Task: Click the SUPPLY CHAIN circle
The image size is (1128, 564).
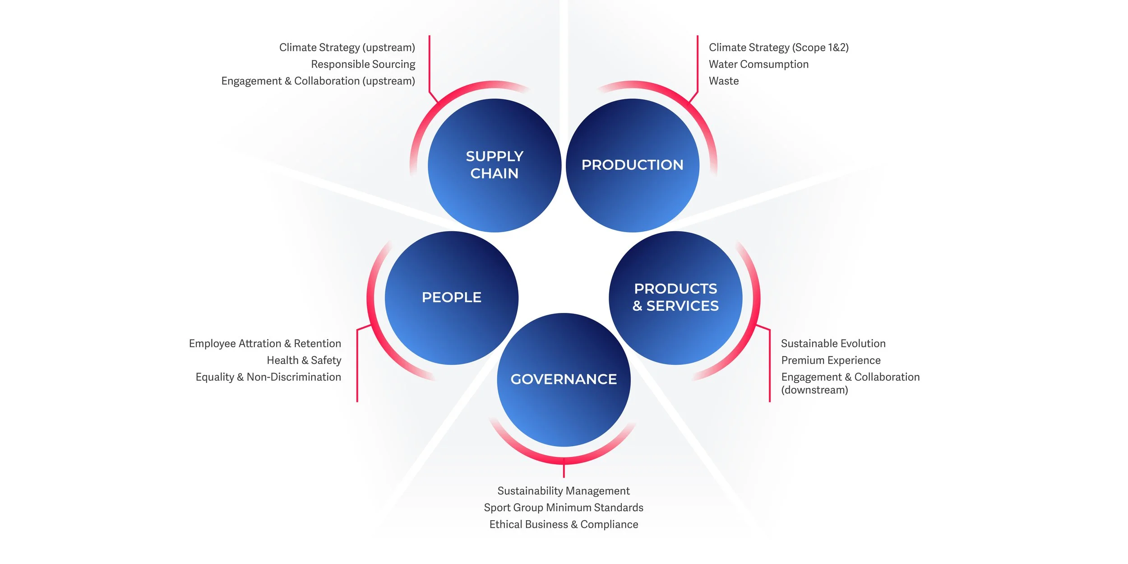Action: pos(495,165)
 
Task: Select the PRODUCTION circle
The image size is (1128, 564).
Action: pos(633,165)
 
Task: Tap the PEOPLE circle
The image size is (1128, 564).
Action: pos(452,298)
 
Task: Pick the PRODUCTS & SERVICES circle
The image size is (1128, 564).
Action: pos(675,298)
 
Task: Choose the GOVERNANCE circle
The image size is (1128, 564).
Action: pos(564,379)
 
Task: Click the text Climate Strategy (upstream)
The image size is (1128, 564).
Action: pos(347,47)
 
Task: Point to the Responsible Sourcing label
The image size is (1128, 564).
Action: pos(363,64)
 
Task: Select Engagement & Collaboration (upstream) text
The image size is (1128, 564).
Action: pos(318,81)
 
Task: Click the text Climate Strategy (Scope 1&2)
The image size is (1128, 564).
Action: pos(779,47)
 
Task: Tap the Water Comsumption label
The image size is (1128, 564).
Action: pos(758,64)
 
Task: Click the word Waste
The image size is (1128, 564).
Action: pos(724,81)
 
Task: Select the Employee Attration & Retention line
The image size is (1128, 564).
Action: pos(265,344)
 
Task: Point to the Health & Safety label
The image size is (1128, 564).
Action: pos(304,360)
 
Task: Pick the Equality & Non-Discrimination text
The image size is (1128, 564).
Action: pos(268,377)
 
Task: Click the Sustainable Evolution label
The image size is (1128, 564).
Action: pos(833,344)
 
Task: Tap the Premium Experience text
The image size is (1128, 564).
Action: pos(831,360)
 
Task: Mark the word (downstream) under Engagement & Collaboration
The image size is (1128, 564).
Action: pos(814,390)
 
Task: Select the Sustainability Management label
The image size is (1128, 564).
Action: pos(564,491)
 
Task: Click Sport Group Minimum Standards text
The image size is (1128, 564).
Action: pos(564,508)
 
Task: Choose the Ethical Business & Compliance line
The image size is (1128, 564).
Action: pos(564,524)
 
